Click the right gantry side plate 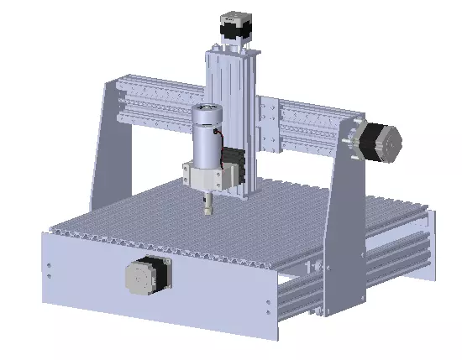coord(341,218)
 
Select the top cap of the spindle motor coord(206,108)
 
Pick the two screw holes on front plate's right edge coord(268,307)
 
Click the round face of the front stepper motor coord(140,277)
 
